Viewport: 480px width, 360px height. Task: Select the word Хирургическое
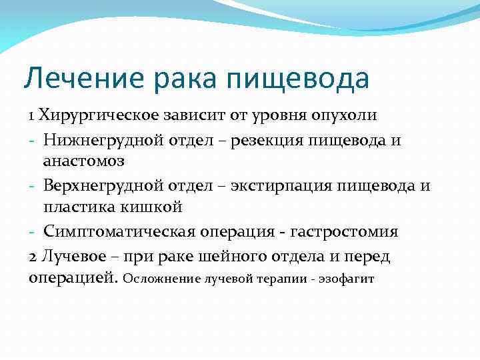point(99,115)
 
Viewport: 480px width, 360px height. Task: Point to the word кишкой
point(157,207)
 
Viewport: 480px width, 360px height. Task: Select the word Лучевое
point(71,255)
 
